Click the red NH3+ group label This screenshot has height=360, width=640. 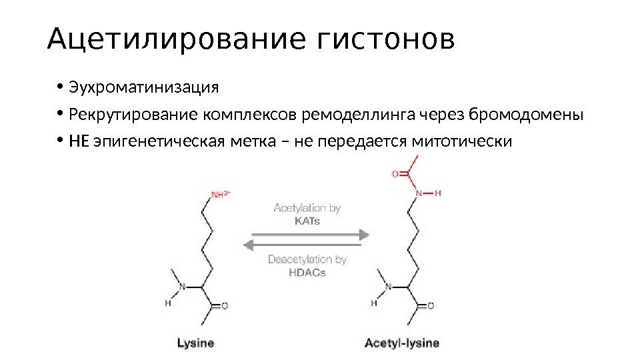pos(221,194)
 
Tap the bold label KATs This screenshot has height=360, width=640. pos(307,221)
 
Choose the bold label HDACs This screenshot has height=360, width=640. pos(307,273)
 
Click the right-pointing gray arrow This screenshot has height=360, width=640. pos(307,234)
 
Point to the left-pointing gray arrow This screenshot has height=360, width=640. pos(307,246)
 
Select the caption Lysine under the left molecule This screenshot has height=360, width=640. pos(195,343)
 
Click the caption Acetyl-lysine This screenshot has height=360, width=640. pos(402,343)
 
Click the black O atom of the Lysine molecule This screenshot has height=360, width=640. pos(224,306)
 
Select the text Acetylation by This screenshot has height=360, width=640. pos(307,208)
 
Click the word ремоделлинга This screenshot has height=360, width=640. pos(359,115)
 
